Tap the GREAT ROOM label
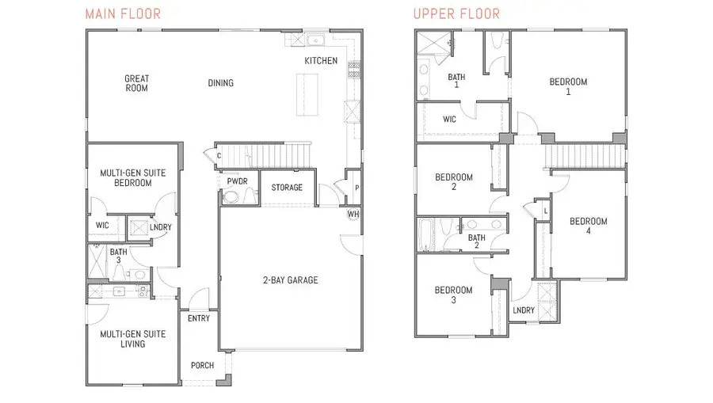click(137, 83)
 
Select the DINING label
click(221, 83)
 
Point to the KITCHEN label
click(321, 61)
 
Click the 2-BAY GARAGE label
click(292, 279)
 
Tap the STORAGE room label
click(287, 188)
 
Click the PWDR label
click(238, 181)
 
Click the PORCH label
click(203, 366)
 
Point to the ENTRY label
click(198, 318)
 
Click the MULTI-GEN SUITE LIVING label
click(132, 339)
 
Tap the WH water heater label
click(353, 214)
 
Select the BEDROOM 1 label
click(569, 86)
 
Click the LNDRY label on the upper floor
click(524, 310)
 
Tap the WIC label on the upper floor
click(449, 120)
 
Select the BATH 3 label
click(118, 257)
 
